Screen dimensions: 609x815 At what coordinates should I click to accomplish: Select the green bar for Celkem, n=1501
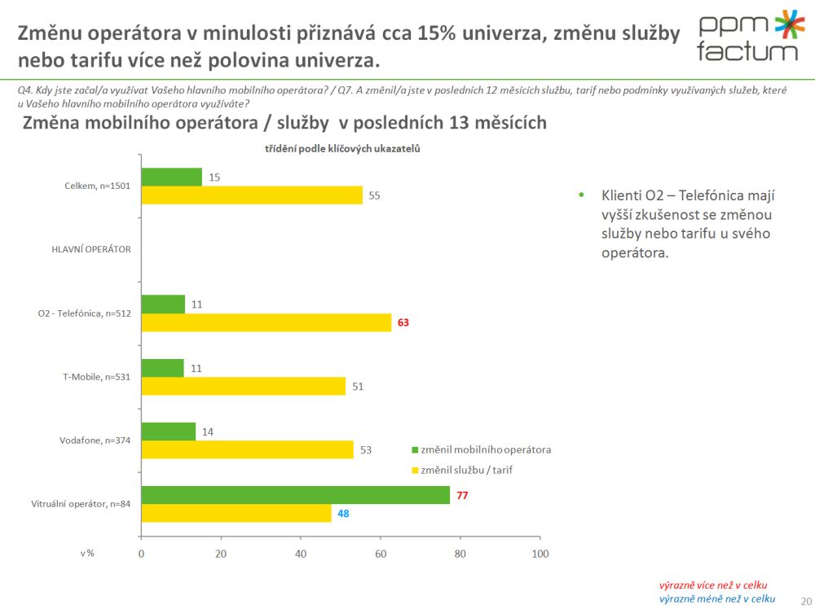click(x=171, y=177)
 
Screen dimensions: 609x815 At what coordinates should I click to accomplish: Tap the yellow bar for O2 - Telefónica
click(x=267, y=322)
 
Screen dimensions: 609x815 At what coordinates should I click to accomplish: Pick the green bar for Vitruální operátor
click(x=296, y=495)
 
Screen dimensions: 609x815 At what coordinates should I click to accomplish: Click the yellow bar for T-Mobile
click(x=244, y=386)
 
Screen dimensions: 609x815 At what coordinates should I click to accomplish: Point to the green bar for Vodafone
click(x=169, y=432)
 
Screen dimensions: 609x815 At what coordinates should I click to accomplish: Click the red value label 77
click(x=462, y=495)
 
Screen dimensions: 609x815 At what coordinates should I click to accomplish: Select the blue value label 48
click(x=343, y=513)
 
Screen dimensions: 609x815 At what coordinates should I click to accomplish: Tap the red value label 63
click(x=403, y=322)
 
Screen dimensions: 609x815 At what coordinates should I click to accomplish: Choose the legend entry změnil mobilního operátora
click(x=481, y=449)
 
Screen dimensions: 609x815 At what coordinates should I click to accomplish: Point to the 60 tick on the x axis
click(x=381, y=554)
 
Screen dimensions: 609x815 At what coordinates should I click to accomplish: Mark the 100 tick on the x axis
click(x=540, y=554)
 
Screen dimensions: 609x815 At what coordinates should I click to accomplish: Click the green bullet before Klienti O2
click(x=581, y=195)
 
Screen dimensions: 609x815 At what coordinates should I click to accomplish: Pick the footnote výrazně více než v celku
click(x=712, y=585)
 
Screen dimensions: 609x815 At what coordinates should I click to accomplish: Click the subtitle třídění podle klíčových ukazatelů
click(x=341, y=149)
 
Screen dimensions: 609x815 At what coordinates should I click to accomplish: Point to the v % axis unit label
click(x=87, y=554)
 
